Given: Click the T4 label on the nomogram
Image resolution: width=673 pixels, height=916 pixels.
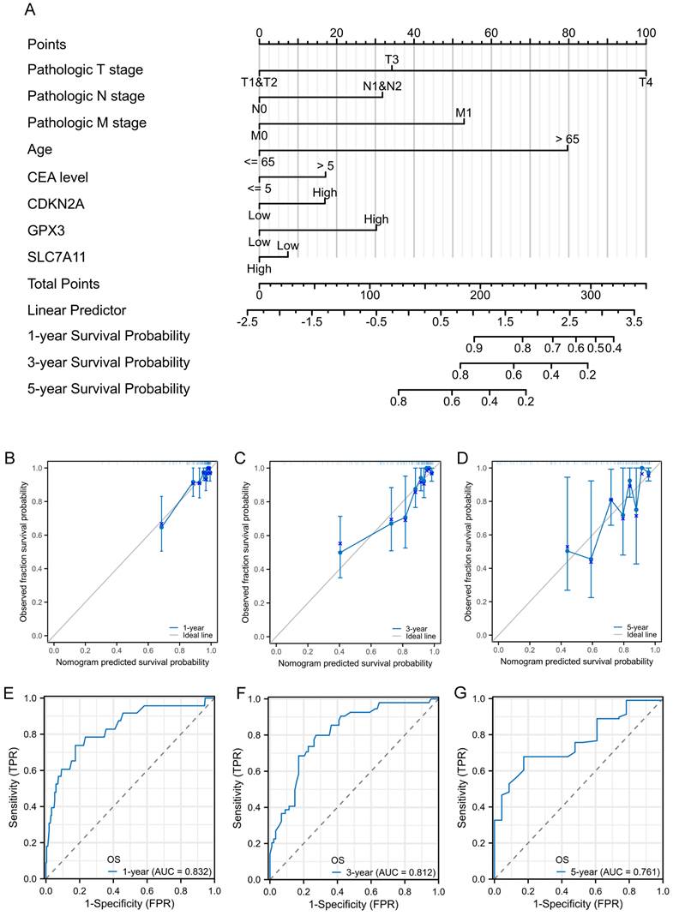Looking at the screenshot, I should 646,82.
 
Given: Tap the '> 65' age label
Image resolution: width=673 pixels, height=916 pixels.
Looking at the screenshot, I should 568,139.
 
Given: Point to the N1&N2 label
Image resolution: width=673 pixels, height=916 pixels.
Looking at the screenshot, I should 382,86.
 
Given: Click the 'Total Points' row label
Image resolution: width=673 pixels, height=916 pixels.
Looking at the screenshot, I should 63,284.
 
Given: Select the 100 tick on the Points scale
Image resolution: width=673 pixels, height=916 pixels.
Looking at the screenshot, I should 646,33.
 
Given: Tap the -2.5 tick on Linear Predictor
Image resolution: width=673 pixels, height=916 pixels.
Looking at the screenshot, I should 249,321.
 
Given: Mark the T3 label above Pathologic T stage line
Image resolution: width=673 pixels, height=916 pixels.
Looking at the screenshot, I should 392,59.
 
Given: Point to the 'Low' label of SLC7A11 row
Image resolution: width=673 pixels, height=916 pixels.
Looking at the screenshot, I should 288,246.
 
